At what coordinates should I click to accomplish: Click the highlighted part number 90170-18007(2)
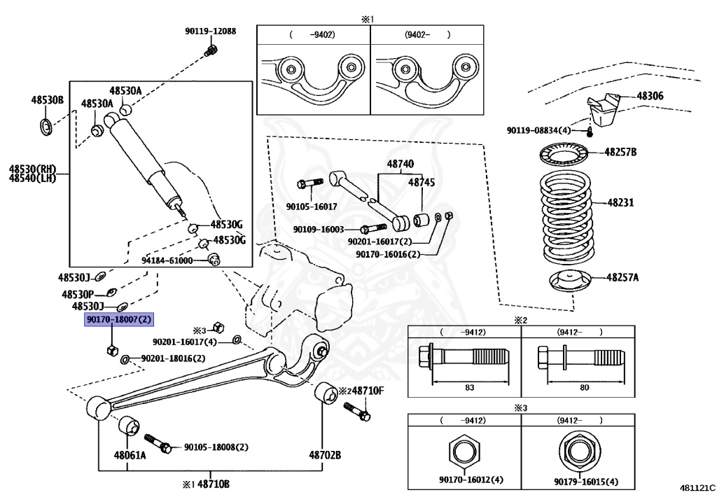tap(118, 319)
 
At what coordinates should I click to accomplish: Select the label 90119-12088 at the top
tap(210, 32)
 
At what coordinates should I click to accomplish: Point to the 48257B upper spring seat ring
tap(566, 152)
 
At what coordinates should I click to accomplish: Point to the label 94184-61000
tap(167, 260)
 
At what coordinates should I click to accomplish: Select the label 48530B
tap(46, 100)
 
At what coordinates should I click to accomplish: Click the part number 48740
tap(401, 164)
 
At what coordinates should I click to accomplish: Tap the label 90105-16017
tap(311, 207)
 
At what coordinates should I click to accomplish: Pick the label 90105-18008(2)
tap(215, 447)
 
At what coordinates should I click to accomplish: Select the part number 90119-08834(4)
tap(539, 130)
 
